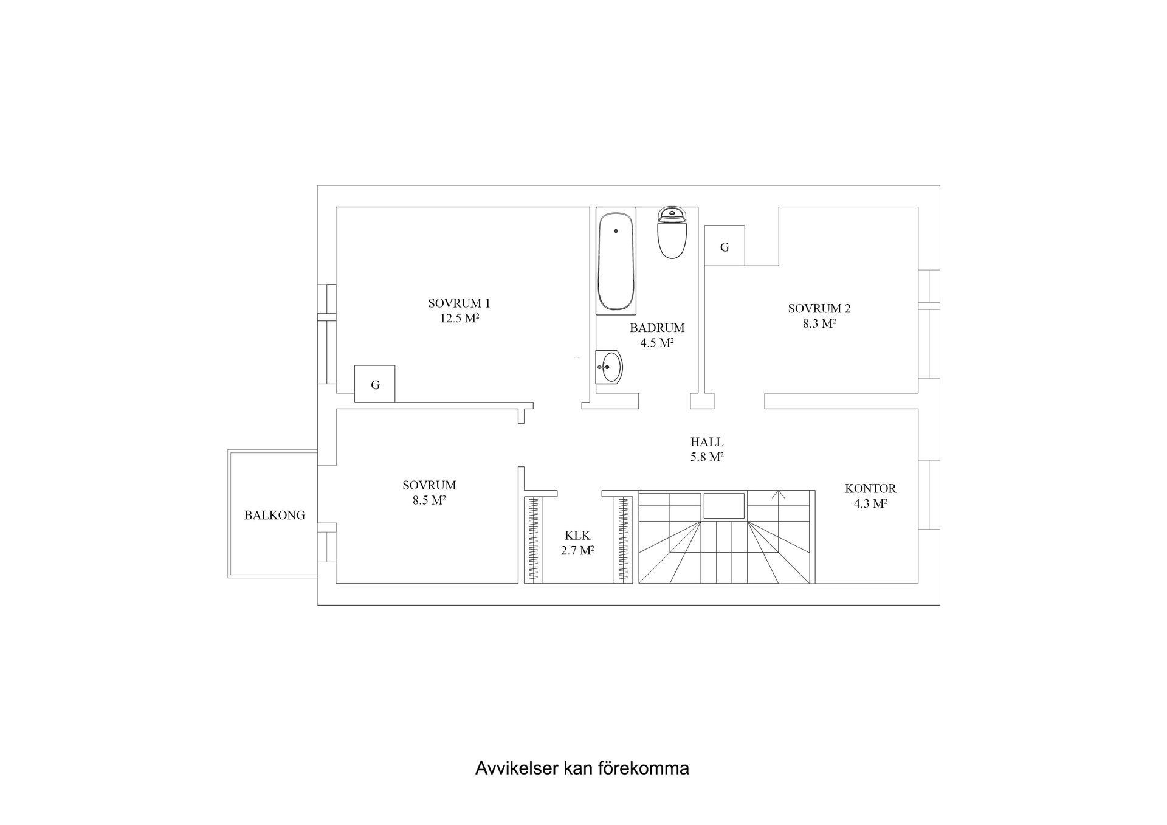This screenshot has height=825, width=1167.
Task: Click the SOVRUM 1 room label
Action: click(x=459, y=303)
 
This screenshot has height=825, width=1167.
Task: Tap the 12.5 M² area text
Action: click(x=460, y=319)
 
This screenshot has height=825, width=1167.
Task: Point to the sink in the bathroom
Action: click(x=610, y=367)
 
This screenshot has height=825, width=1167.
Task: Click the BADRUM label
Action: click(x=657, y=328)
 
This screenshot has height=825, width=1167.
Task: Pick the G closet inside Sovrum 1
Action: click(x=375, y=384)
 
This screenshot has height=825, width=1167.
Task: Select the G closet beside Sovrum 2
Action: click(x=725, y=246)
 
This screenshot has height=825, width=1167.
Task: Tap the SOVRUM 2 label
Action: click(x=819, y=308)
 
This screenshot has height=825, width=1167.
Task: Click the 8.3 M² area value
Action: click(x=819, y=324)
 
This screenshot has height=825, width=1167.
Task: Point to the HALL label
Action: click(x=707, y=442)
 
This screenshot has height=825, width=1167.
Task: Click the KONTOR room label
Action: click(x=870, y=488)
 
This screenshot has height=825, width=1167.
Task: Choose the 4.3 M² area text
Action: click(x=870, y=504)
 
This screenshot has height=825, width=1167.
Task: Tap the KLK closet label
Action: click(x=577, y=536)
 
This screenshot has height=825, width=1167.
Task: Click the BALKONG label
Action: click(x=274, y=515)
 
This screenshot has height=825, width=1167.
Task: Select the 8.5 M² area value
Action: click(x=429, y=501)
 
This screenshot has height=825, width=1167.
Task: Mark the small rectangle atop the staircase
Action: click(x=724, y=506)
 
